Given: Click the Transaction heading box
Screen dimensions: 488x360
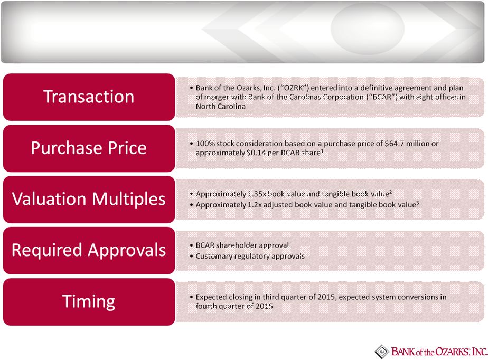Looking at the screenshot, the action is coord(89,97).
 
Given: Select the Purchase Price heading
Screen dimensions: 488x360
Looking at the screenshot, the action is coord(89,148).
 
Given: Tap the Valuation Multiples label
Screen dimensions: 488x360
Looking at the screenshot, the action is coord(89,199).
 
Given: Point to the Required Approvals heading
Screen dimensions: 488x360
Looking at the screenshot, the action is coord(89,251).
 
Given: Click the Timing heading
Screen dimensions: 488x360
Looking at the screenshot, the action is coord(89,302).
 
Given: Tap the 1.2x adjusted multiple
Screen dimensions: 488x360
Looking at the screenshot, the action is coord(254,205).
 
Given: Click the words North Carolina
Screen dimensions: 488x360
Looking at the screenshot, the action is coord(220,107).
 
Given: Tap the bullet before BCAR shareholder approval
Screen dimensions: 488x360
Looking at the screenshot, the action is coord(191,245).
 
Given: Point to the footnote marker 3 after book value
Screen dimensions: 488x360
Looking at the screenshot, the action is coord(418,203).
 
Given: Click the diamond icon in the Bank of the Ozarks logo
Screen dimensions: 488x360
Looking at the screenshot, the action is coord(381,352).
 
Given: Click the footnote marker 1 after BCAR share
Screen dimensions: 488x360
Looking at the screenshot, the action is coord(322,151).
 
